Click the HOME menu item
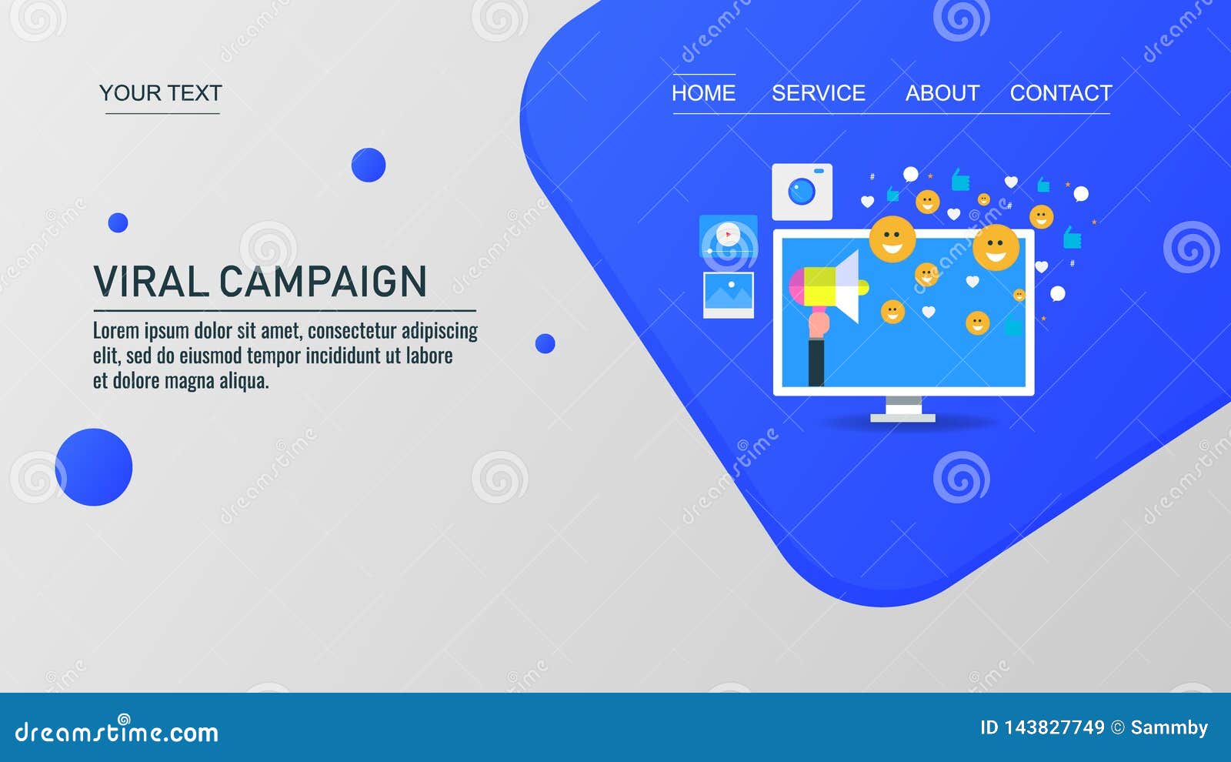703,93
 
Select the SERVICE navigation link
819,93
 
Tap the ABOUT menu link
942,93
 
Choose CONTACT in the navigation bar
1061,93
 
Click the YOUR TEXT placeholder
161,93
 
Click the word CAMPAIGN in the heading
323,282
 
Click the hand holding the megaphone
818,324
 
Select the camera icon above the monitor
802,192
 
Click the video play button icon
728,236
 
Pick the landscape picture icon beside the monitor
729,295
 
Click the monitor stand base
903,418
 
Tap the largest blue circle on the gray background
94,467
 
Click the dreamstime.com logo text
116,731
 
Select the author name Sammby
1169,728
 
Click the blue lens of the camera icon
802,192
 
